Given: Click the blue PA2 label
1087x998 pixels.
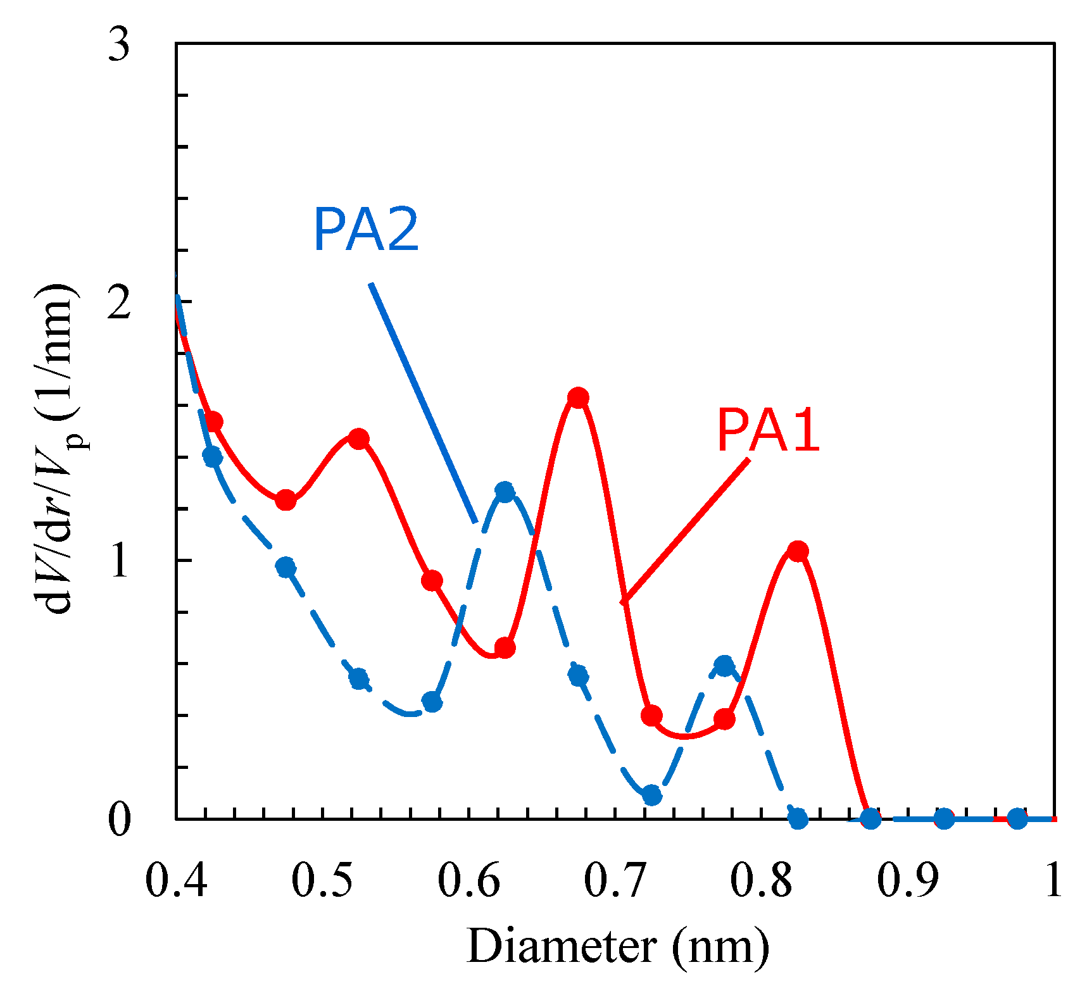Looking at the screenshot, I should tap(366, 231).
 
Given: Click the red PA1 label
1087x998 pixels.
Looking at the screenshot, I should tap(768, 431).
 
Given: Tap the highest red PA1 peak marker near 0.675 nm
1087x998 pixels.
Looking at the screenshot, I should tap(577, 398).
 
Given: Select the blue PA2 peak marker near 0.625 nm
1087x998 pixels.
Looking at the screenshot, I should tap(505, 492).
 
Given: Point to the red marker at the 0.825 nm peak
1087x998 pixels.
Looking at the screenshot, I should tap(798, 551).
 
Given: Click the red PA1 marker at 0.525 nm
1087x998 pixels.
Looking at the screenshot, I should tap(359, 439).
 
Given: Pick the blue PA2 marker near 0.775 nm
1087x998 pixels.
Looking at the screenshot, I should tap(724, 665).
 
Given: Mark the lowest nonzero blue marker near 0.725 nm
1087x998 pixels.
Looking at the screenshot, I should tap(651, 795).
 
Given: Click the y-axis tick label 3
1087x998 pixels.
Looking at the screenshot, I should tap(118, 45).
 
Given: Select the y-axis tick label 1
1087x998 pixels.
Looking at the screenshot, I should tap(118, 561).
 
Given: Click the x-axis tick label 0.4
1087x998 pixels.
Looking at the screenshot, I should tap(176, 880).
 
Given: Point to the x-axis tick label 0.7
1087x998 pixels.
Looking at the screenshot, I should tap(614, 880).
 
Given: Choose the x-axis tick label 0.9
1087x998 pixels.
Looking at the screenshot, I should tap(907, 880).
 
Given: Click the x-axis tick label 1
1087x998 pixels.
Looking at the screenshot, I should tap(1053, 880).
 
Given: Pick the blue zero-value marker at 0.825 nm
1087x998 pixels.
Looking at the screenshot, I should tap(798, 819).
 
